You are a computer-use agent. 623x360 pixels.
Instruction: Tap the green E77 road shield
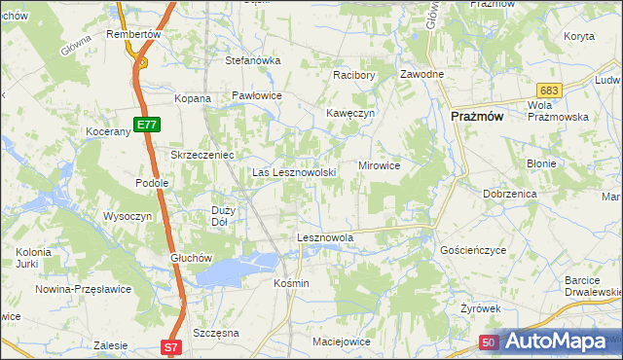point(147,125)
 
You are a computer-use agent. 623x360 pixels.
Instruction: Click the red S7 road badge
point(170,346)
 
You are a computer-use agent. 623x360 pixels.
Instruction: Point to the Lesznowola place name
point(324,237)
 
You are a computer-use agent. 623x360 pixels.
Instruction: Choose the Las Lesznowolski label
point(295,173)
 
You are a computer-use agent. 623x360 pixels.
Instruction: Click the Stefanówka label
point(253,60)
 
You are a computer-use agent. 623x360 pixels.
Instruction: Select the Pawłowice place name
point(257,95)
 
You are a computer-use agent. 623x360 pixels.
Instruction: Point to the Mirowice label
point(380,165)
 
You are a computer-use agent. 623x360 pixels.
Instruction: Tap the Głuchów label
point(191,257)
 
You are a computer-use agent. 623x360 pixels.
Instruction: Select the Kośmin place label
point(291,283)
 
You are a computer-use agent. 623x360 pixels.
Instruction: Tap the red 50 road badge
point(490,342)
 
